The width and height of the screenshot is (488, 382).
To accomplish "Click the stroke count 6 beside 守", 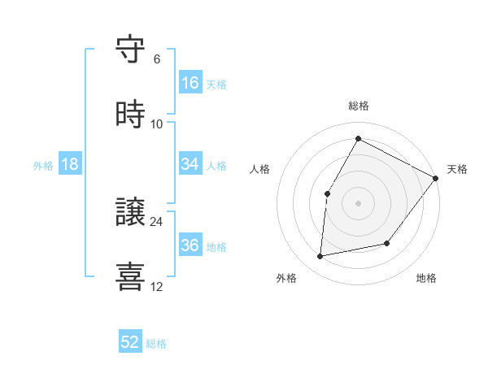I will click(157, 59).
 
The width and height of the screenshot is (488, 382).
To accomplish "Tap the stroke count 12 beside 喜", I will click(157, 286).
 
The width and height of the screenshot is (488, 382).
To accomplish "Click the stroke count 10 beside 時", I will click(157, 124).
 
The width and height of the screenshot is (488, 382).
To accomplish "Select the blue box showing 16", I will click(190, 83).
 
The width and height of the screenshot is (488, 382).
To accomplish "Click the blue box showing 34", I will click(190, 164).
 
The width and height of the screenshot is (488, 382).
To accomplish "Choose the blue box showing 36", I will click(190, 245).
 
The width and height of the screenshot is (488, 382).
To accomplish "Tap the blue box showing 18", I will click(70, 164).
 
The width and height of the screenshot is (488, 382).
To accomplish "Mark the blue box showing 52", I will click(130, 343).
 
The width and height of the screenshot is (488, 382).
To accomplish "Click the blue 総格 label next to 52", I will click(156, 344).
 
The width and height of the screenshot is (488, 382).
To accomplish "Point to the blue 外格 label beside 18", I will click(43, 165).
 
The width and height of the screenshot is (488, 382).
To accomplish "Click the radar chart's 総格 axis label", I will click(358, 106).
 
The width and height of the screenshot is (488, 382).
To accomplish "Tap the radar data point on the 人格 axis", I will click(327, 193).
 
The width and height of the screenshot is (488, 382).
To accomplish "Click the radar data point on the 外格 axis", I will click(320, 257).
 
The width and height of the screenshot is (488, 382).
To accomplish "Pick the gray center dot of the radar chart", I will click(358, 203).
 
